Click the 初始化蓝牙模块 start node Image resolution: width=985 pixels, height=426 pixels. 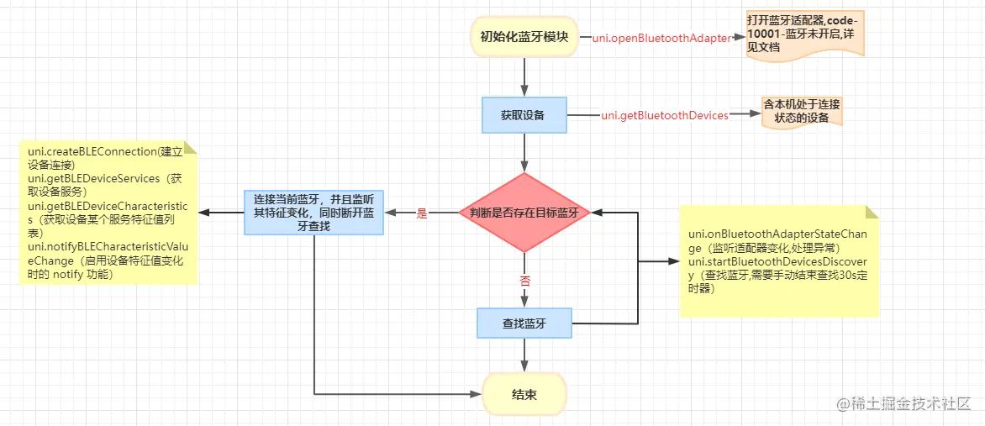click(524, 36)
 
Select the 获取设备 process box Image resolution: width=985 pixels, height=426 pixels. click(524, 115)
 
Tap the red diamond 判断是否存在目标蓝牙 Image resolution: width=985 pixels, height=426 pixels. click(524, 213)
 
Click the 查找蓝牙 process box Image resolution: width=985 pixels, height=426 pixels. click(524, 323)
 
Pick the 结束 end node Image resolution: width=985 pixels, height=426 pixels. click(524, 395)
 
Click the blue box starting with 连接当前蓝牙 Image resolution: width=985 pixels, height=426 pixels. click(314, 213)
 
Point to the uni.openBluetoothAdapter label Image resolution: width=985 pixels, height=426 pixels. click(661, 38)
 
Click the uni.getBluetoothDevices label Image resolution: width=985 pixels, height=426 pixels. click(665, 115)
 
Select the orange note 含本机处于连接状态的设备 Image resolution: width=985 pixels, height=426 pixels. click(801, 112)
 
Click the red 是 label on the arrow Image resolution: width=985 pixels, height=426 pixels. click(422, 213)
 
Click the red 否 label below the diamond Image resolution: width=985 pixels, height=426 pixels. click(525, 281)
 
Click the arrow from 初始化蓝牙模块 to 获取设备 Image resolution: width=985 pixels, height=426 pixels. click(524, 76)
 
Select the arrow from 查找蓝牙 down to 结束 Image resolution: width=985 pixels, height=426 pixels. click(524, 355)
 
